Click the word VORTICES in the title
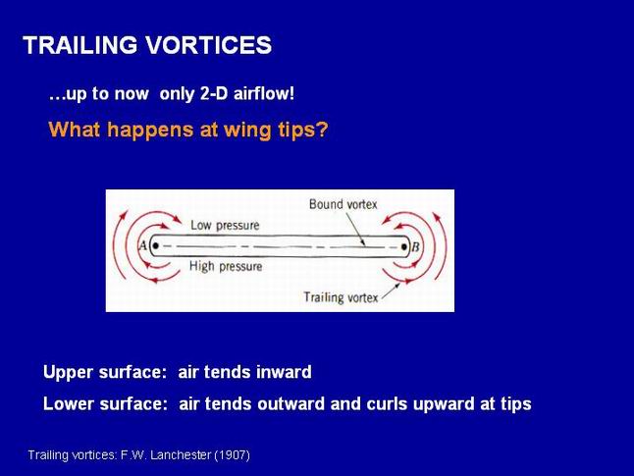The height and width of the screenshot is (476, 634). (x=209, y=44)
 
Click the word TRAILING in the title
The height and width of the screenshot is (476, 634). (x=80, y=44)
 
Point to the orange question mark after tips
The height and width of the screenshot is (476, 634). (x=322, y=130)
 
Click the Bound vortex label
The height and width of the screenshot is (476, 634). (x=343, y=204)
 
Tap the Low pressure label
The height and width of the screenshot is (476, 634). (x=225, y=226)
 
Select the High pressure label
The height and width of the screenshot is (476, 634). (x=226, y=267)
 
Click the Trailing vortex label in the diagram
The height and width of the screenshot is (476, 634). (x=341, y=297)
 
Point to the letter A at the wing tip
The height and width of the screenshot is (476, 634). (x=142, y=245)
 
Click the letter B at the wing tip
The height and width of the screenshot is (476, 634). (x=415, y=247)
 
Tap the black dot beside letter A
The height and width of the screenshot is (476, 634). (x=156, y=245)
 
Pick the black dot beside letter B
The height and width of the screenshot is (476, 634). (x=403, y=246)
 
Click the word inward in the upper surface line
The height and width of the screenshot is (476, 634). (x=284, y=372)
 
